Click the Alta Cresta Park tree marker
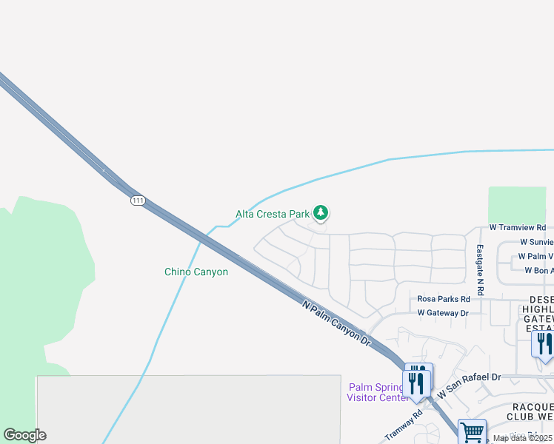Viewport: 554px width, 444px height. click(x=320, y=214)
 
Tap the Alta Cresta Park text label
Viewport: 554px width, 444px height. click(x=272, y=214)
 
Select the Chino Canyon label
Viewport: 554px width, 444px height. click(x=196, y=272)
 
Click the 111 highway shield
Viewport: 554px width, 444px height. click(x=138, y=201)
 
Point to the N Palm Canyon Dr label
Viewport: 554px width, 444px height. click(x=336, y=322)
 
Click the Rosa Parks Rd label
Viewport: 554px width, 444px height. click(x=444, y=299)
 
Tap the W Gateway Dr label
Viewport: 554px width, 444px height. click(x=443, y=313)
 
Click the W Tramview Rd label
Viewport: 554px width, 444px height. click(x=518, y=228)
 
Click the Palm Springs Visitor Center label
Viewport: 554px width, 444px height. click(x=377, y=392)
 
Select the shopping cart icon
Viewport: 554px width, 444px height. click(x=472, y=431)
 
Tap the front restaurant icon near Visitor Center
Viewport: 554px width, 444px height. click(x=415, y=383)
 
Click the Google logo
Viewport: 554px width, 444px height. click(x=24, y=435)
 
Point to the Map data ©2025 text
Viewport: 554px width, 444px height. click(x=521, y=438)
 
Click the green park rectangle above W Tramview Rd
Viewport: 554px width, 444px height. click(x=517, y=205)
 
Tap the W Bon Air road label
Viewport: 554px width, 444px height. click(x=538, y=270)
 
